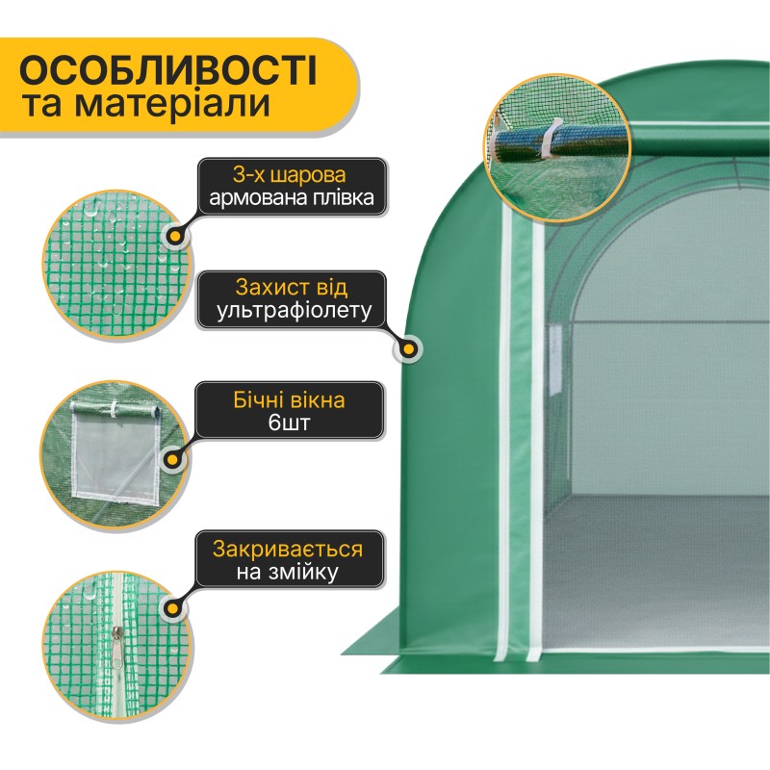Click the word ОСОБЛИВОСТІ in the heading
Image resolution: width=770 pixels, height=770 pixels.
pyautogui.click(x=168, y=72)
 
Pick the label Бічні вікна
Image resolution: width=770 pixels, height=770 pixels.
pyautogui.click(x=290, y=398)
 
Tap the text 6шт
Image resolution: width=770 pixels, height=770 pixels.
pyautogui.click(x=290, y=423)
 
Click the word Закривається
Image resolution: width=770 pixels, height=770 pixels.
pyautogui.click(x=290, y=550)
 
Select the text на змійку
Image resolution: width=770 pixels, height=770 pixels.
pyautogui.click(x=290, y=575)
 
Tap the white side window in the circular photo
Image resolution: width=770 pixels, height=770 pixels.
pyautogui.click(x=115, y=452)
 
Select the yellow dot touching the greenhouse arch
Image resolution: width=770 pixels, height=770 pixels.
pyautogui.click(x=411, y=347)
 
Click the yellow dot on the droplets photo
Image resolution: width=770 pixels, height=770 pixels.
pyautogui.click(x=176, y=235)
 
